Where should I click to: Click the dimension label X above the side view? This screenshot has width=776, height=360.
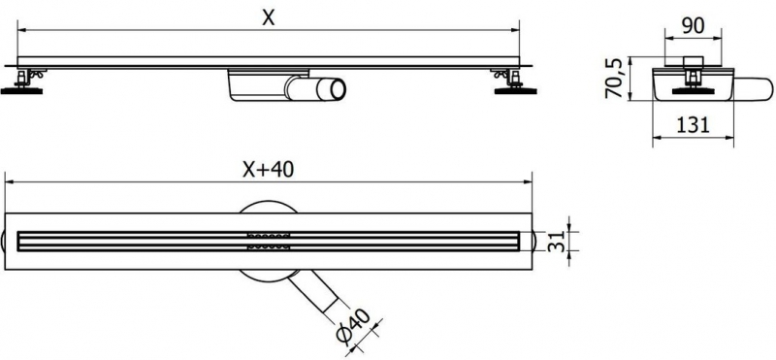coord(264,17)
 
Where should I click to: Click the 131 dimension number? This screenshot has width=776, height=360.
coord(689,124)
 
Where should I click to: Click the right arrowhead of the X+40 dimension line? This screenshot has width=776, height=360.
coord(532,180)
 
